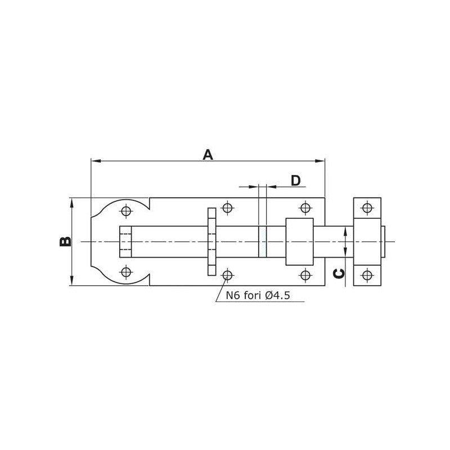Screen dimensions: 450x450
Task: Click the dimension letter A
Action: point(208,155)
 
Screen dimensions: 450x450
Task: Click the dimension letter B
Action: point(65,241)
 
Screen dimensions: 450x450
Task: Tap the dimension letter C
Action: point(339,274)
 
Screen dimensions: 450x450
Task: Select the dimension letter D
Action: point(296,181)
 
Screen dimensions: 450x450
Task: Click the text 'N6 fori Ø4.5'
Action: point(258,295)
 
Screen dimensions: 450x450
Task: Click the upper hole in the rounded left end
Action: point(126,211)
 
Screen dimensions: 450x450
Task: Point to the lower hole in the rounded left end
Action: point(126,272)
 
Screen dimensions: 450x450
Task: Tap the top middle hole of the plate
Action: point(227,207)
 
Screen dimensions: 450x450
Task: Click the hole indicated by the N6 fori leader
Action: point(227,275)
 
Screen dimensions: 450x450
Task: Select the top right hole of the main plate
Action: point(305,207)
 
